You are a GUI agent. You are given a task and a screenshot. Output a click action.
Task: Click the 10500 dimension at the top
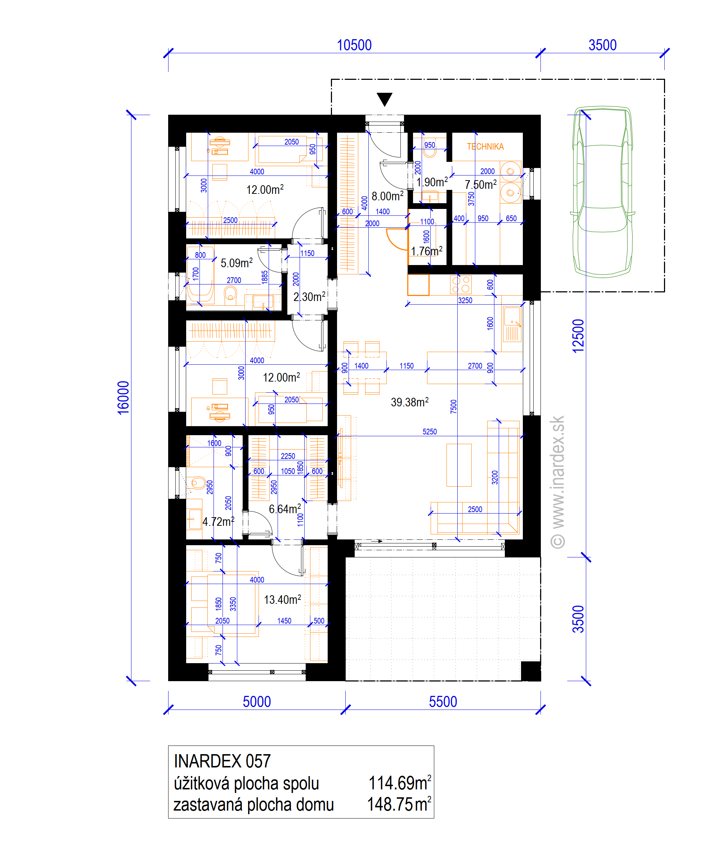(x=354, y=45)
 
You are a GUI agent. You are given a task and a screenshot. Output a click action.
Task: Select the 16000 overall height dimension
(x=123, y=397)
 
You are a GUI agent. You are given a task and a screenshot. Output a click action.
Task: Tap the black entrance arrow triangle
(x=385, y=99)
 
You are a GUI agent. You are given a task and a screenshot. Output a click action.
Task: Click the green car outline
(x=602, y=192)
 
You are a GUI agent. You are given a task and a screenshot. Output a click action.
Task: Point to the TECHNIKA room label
(x=485, y=147)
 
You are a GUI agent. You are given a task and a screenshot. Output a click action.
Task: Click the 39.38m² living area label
(x=409, y=402)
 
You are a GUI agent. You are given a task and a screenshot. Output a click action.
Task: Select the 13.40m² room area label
(x=283, y=599)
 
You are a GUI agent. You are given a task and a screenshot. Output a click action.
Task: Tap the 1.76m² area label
(x=426, y=251)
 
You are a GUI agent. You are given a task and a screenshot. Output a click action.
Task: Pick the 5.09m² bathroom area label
(x=237, y=263)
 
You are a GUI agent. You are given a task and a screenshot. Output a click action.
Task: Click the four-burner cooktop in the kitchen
(x=461, y=284)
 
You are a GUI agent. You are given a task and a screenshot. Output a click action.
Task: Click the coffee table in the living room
(x=459, y=465)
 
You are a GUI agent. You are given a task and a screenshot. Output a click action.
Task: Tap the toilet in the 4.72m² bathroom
(x=197, y=483)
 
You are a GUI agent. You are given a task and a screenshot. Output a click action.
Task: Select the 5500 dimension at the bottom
(x=443, y=702)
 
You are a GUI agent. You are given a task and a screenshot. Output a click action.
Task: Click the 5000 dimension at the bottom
(x=257, y=702)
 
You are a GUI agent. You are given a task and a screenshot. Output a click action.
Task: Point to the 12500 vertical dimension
(x=578, y=336)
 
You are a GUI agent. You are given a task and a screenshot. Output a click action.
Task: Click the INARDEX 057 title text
(x=222, y=761)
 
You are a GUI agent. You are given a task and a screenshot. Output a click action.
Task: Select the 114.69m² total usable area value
(x=399, y=783)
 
